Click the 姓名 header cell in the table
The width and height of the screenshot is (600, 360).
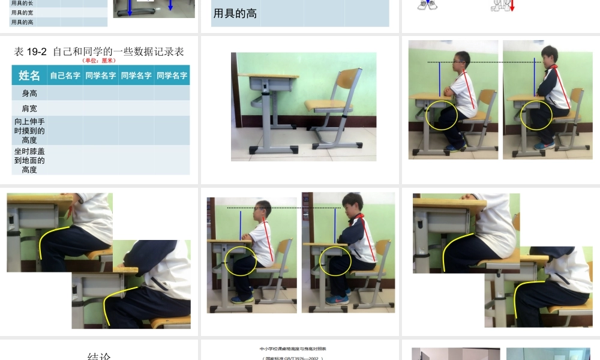click(29, 76)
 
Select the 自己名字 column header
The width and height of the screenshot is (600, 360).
click(65, 76)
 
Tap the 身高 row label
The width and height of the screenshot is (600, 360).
click(29, 93)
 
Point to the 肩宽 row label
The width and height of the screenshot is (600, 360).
click(29, 108)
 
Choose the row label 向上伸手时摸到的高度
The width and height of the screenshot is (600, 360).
click(29, 130)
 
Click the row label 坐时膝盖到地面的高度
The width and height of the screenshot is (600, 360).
click(29, 160)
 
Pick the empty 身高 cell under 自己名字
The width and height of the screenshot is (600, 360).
click(65, 93)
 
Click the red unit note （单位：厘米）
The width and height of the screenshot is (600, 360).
click(99, 60)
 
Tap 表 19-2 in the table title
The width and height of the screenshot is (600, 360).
click(31, 52)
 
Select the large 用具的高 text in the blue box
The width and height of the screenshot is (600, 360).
click(235, 13)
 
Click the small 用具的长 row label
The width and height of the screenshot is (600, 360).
click(22, 3)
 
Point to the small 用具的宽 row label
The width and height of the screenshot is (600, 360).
click(22, 13)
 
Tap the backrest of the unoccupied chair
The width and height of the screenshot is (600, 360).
click(348, 80)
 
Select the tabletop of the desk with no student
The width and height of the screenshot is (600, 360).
click(268, 76)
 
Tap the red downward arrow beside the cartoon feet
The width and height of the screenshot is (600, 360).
click(512, 6)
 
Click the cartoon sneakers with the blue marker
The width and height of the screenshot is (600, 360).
click(428, 5)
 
